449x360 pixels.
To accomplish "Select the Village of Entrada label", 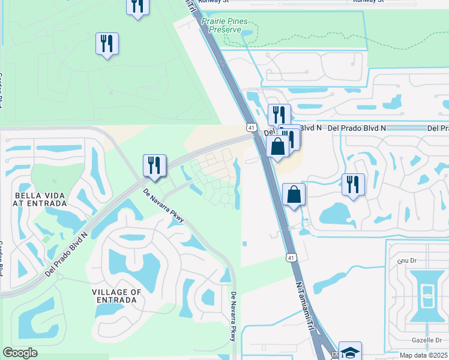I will coord(117,296).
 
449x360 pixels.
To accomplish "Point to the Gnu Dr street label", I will coord(406,262).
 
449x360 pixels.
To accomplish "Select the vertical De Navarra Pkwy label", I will coord(234,317).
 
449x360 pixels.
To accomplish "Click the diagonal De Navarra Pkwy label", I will coord(164,206).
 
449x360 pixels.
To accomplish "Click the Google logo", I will coord(20,353).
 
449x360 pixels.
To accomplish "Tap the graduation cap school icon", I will coord(350,351).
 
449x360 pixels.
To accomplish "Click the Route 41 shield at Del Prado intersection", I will coord(250,127).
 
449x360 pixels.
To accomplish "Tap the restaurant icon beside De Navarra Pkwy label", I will coord(154,166).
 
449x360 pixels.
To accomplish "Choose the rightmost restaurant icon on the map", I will coord(353,184).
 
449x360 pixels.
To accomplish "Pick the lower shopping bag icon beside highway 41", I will coord(294,194).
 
